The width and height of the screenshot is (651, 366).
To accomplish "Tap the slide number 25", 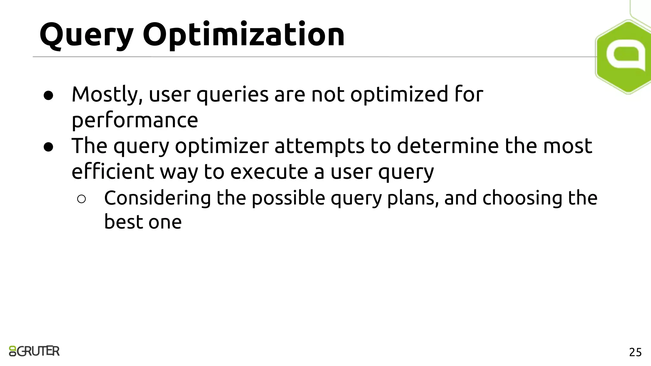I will click(635, 352).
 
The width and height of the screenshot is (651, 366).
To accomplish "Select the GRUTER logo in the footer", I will click(34, 351).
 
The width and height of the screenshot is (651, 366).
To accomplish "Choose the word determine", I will click(448, 146).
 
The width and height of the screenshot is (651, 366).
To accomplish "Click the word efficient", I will click(113, 172).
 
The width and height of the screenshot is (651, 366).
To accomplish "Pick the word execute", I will click(269, 172).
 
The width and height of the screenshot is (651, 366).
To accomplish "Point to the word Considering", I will click(157, 198).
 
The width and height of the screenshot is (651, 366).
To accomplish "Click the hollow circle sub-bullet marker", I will click(81, 199).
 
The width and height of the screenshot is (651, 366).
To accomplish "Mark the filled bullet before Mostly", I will click(48, 95).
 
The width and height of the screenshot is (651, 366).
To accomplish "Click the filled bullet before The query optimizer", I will click(48, 147).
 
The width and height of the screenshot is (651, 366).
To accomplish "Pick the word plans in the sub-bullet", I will click(413, 198).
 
